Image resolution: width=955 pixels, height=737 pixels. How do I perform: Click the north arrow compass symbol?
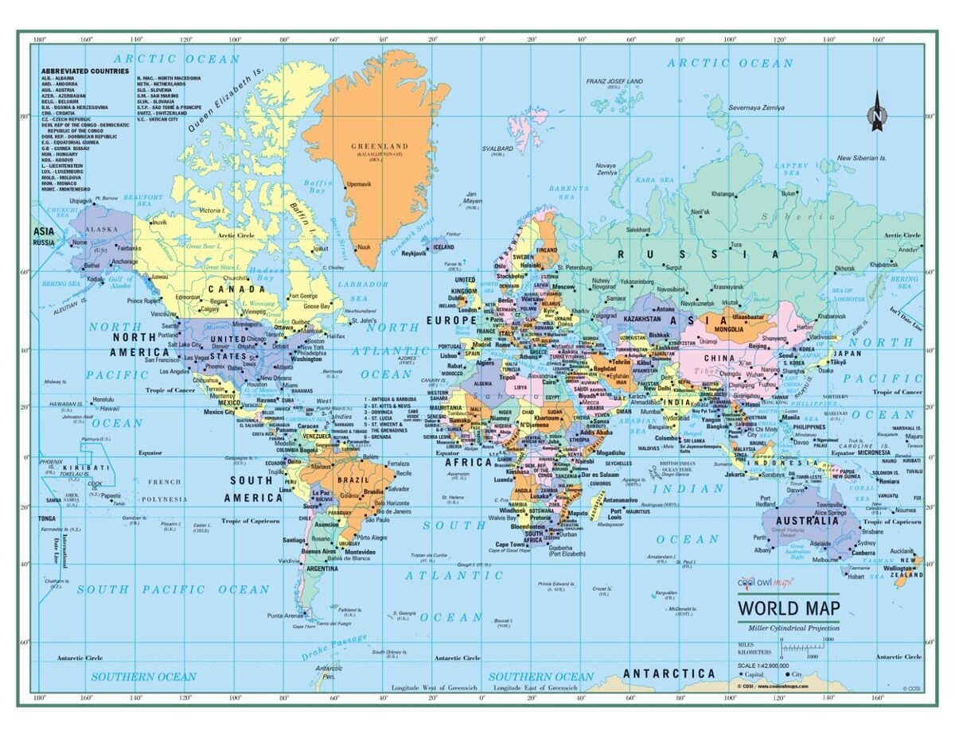[877, 111]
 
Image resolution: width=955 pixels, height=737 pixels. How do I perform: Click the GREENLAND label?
[380, 146]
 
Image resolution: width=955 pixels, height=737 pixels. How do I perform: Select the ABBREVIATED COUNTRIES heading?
[85, 71]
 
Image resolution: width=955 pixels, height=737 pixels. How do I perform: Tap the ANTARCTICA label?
[669, 673]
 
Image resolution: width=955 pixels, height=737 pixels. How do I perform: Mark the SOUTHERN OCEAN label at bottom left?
[143, 677]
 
